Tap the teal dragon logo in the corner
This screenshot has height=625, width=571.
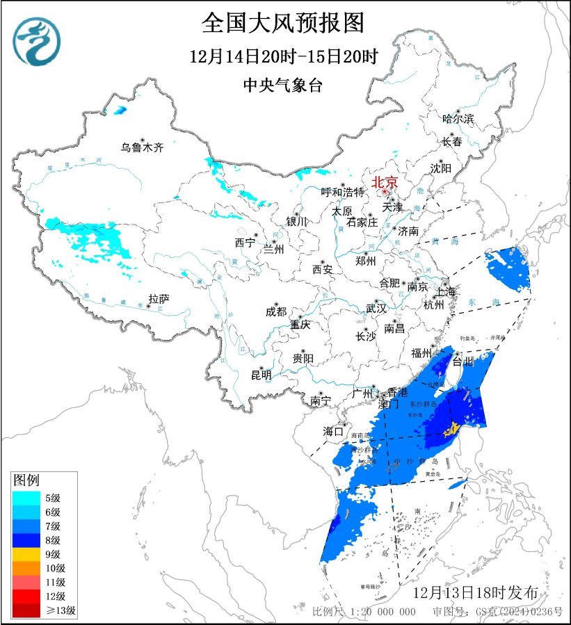(x=37, y=41)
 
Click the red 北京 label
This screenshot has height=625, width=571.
(x=385, y=183)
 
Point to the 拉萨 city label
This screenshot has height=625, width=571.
(x=159, y=299)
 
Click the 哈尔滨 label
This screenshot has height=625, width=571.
(x=458, y=119)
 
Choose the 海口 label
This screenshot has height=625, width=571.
(x=334, y=432)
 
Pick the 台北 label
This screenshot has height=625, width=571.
(x=463, y=362)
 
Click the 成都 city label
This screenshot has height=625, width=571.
(x=275, y=311)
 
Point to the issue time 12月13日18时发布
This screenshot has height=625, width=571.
(x=475, y=593)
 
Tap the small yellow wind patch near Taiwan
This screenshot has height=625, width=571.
(x=453, y=428)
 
